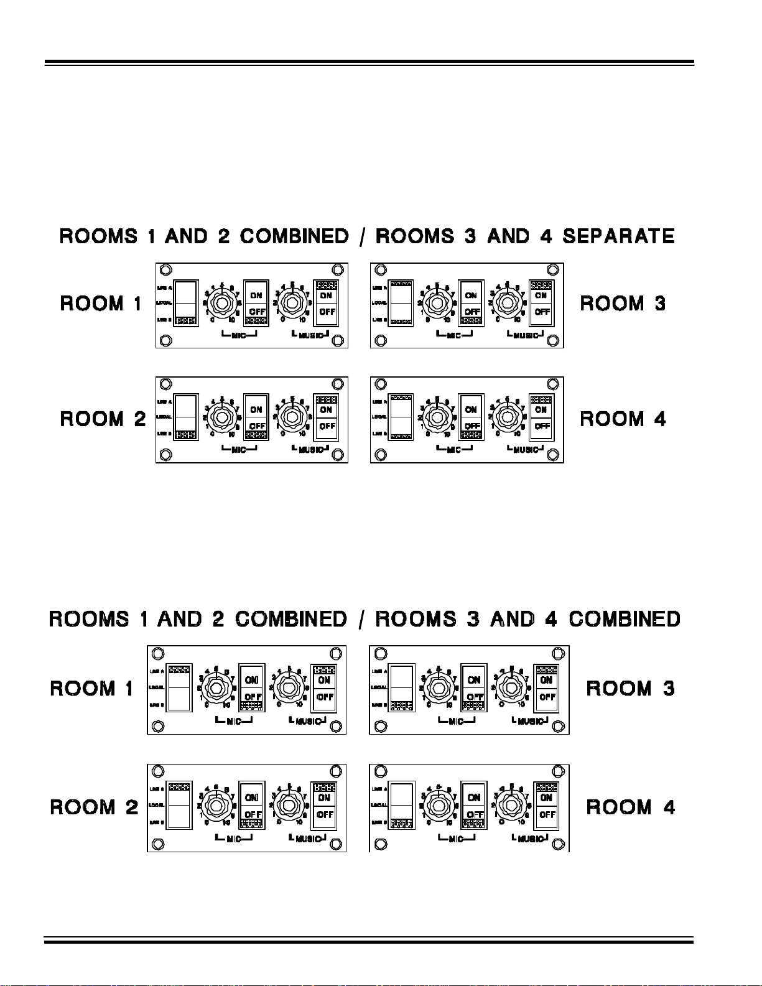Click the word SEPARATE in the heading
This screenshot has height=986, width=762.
coord(618,236)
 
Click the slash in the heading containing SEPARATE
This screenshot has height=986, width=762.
coord(362,236)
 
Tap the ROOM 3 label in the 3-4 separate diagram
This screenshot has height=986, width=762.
coord(623,304)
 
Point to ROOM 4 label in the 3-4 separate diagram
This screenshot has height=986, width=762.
coord(623,419)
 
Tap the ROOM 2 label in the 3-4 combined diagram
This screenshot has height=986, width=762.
coord(94,807)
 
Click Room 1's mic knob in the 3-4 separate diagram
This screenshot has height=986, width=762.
coord(221,304)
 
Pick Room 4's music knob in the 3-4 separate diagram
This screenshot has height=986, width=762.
coord(508,418)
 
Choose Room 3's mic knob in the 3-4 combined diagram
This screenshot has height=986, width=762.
coord(439,687)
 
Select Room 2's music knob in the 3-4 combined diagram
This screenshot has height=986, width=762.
coord(289,806)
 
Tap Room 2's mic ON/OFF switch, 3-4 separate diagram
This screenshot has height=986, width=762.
coord(256,417)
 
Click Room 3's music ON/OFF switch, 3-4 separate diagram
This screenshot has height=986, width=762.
coord(541,304)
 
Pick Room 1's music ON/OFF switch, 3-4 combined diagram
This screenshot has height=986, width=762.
coord(323,688)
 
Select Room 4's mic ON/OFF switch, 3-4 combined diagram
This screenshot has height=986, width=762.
coord(474,806)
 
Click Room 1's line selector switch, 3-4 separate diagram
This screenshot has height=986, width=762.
coord(186,303)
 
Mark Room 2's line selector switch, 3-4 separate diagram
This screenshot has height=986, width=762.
coord(186,417)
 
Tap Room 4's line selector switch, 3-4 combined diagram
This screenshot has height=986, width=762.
coord(401,806)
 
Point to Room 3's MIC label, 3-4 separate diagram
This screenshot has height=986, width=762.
coord(454,335)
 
